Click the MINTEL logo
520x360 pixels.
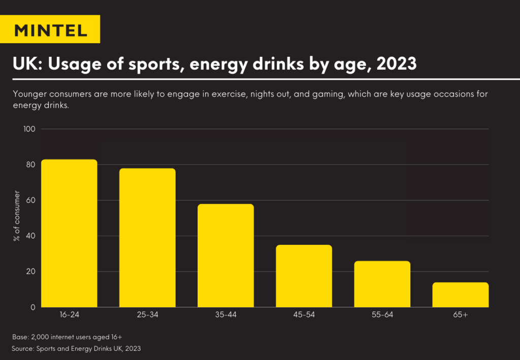click(50, 29)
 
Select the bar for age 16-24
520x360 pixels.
click(69, 233)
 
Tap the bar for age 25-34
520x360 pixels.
click(147, 238)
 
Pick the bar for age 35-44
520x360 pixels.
click(225, 255)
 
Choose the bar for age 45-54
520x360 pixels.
click(304, 276)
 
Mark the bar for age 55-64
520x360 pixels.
click(382, 284)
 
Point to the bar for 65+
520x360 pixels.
click(461, 294)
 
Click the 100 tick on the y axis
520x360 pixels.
click(29, 129)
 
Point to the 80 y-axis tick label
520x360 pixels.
click(30, 165)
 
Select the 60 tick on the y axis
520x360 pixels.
click(30, 200)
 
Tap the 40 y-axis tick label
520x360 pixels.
click(30, 236)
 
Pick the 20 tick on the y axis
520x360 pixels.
click(30, 271)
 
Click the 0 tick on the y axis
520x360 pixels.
click(32, 307)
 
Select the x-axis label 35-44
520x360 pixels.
click(225, 315)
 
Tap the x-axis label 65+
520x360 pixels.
click(461, 315)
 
